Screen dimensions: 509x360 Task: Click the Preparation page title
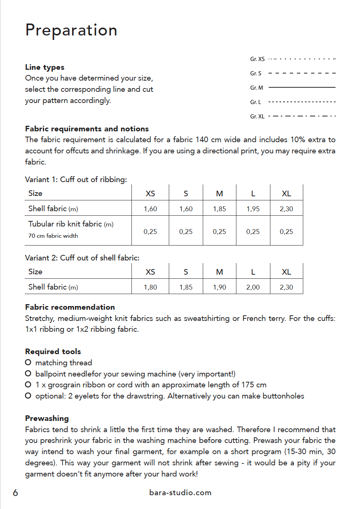tap(71, 30)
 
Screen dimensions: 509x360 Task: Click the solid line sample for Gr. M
tap(302, 87)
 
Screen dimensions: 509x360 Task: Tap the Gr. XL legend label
tap(257, 116)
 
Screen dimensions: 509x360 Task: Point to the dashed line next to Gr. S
tap(302, 73)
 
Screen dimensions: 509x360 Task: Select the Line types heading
tap(45, 67)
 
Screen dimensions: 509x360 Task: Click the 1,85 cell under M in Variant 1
tap(220, 209)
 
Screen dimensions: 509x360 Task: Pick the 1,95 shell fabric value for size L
tap(253, 209)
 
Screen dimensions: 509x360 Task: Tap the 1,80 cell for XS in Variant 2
tap(150, 287)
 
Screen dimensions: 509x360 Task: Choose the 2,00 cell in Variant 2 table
tap(253, 287)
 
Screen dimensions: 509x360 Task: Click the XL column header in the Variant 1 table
tap(286, 194)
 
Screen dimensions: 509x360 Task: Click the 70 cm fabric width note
tap(53, 236)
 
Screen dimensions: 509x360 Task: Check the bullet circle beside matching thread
tap(28, 362)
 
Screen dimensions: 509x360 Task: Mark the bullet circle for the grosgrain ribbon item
tap(28, 384)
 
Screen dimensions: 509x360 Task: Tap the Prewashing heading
tap(47, 418)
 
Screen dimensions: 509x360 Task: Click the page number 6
tap(15, 493)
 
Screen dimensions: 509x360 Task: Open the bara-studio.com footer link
tap(180, 493)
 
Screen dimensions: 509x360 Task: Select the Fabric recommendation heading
tap(70, 307)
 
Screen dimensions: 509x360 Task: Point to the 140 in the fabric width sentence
tap(202, 140)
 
